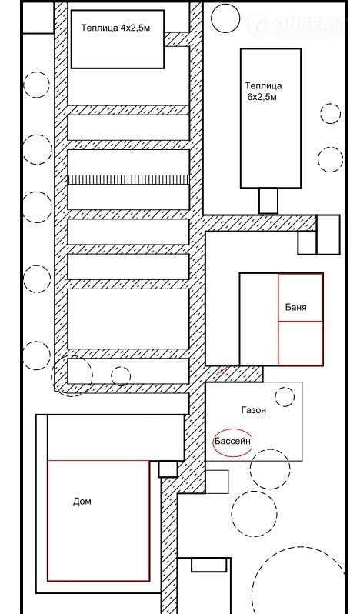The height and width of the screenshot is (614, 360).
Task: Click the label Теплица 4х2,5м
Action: pos(115,28)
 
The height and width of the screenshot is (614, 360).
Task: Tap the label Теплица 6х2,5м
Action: pos(263,92)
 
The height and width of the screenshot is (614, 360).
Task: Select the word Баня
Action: pos(296,307)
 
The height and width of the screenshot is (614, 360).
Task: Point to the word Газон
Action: pos(254,410)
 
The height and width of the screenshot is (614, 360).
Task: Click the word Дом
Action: pos(82,501)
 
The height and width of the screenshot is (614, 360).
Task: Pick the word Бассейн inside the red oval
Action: pos(232,442)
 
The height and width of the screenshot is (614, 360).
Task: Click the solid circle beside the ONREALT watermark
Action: pos(225,18)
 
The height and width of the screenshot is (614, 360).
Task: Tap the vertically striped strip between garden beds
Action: pos(128,180)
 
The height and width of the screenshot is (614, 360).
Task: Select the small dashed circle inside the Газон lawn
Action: pos(285,397)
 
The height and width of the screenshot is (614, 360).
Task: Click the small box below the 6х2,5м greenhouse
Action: pos(268,201)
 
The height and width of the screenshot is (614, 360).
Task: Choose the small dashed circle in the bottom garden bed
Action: pos(121,376)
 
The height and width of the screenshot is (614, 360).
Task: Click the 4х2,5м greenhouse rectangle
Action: pos(118,39)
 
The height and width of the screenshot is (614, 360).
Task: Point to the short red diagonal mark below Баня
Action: pos(223,369)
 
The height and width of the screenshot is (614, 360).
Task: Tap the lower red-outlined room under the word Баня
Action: pos(301,343)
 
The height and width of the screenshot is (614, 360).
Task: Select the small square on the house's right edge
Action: pos(168,469)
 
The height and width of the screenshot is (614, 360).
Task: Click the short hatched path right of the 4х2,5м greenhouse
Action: pos(176,39)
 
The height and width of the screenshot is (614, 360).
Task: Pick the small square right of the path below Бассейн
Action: pos(217,482)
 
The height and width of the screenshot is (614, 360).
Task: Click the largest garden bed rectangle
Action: pos(128,319)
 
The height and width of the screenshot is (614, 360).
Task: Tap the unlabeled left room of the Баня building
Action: pos(258,319)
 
